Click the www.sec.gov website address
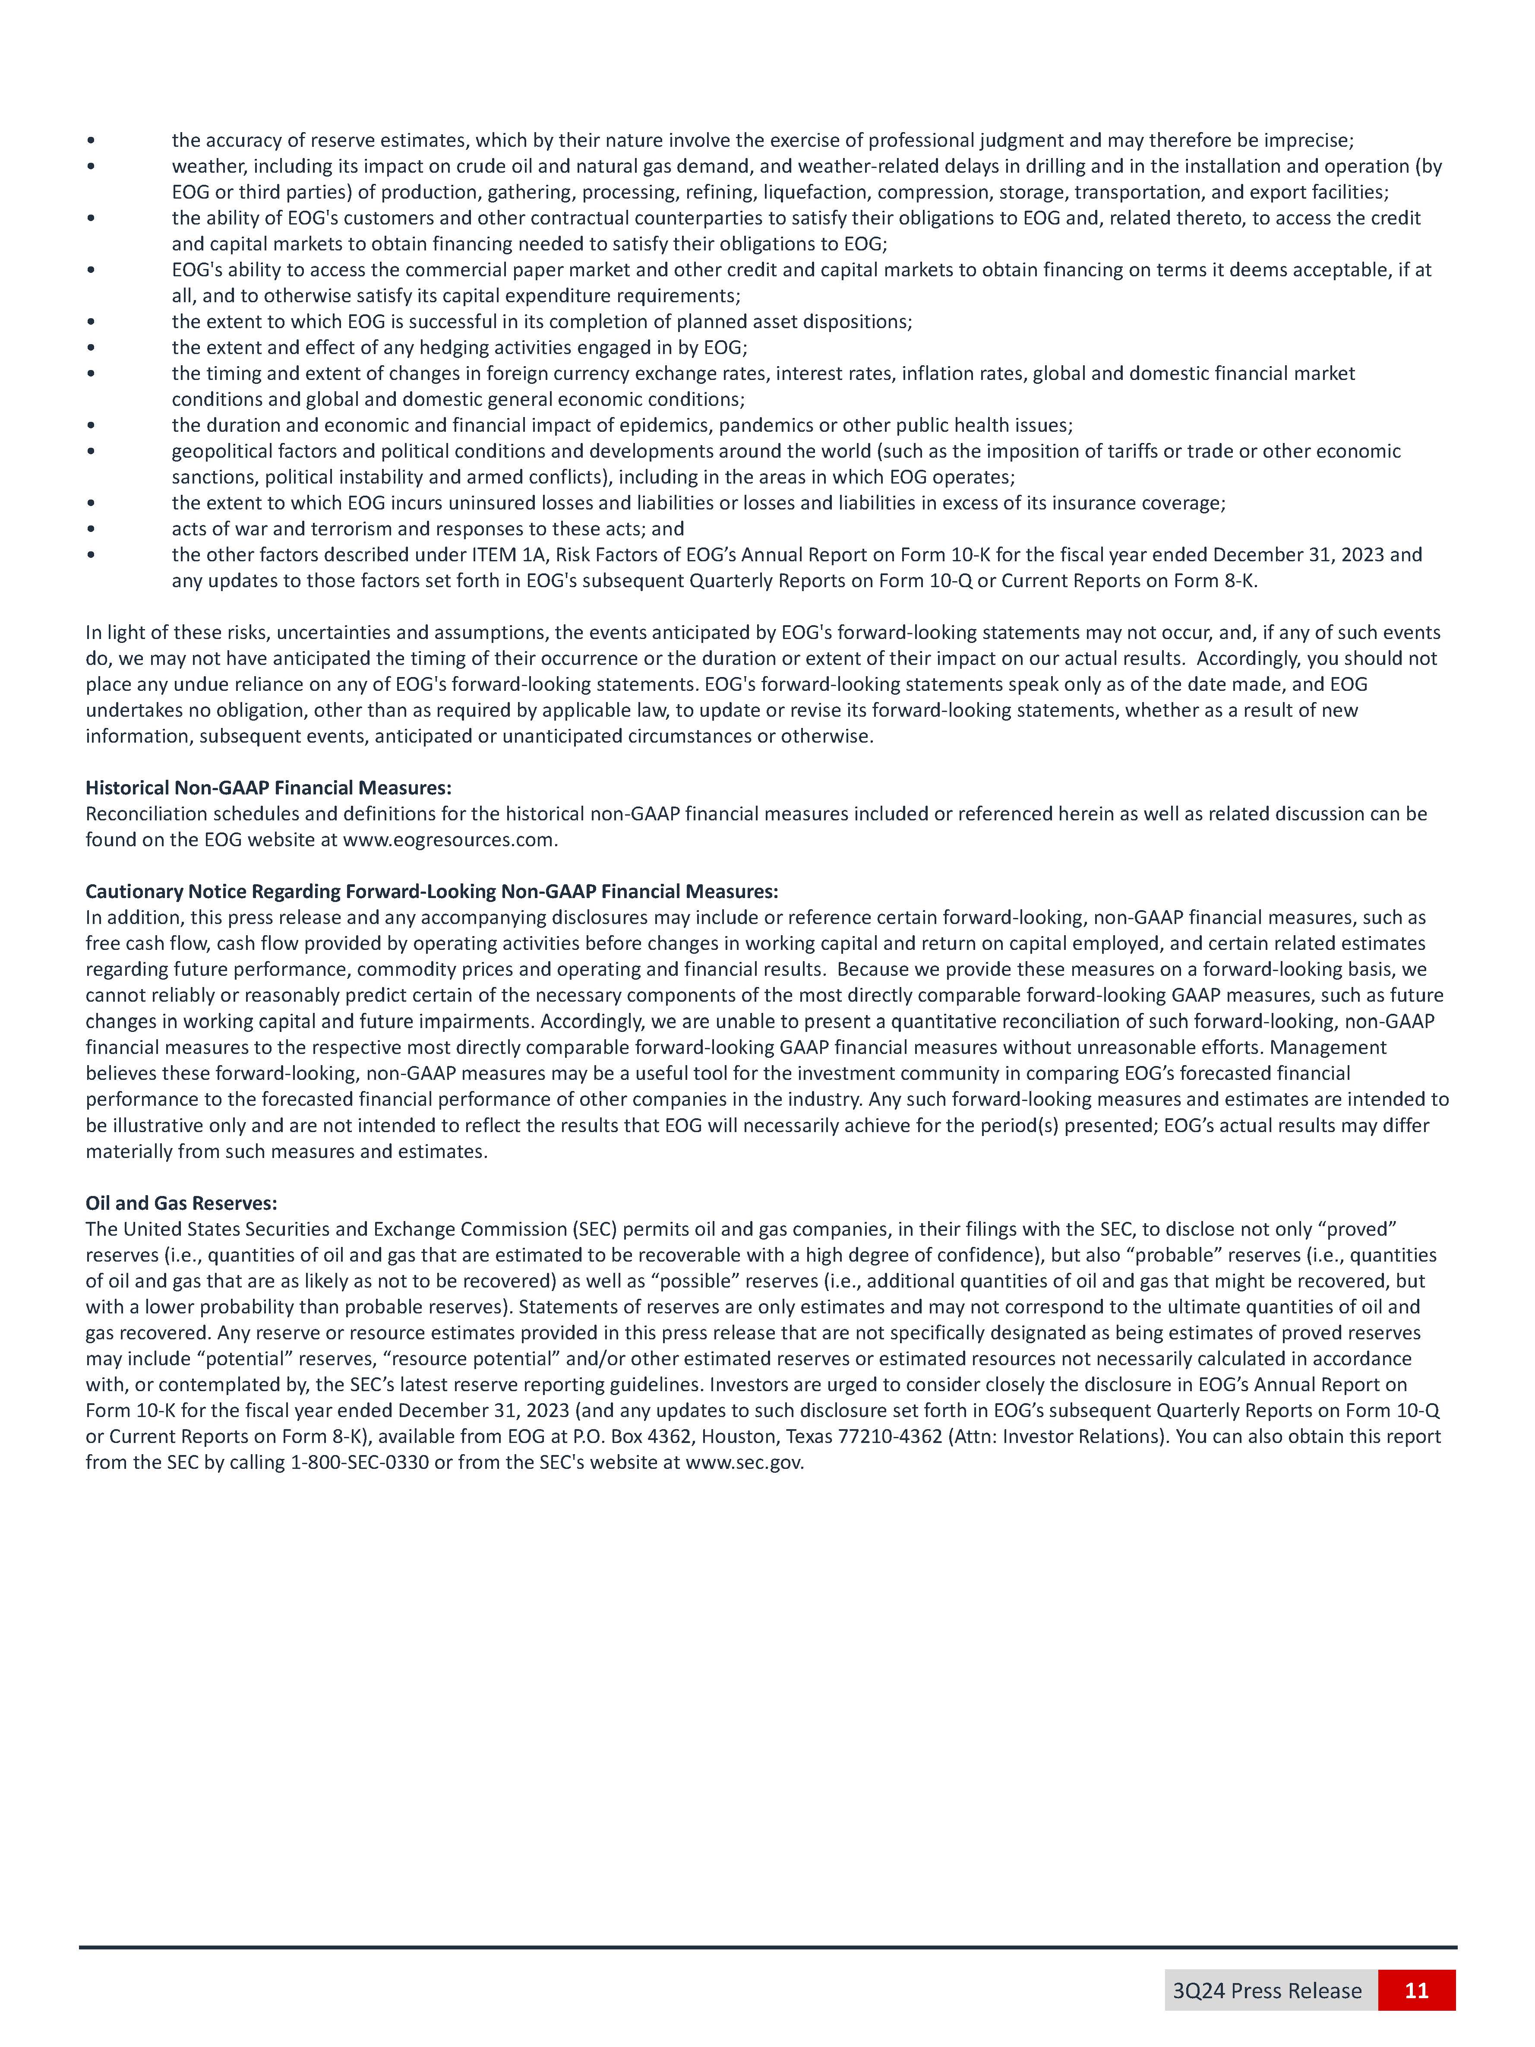click(x=744, y=1463)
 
